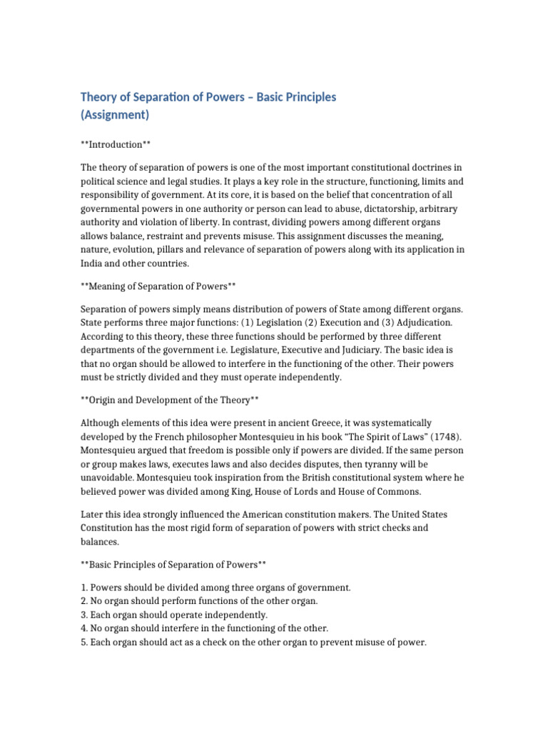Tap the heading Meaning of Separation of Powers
pos(158,286)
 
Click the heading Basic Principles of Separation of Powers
pos(173,565)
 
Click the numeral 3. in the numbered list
pos(85,615)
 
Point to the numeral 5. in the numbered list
pos(85,642)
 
